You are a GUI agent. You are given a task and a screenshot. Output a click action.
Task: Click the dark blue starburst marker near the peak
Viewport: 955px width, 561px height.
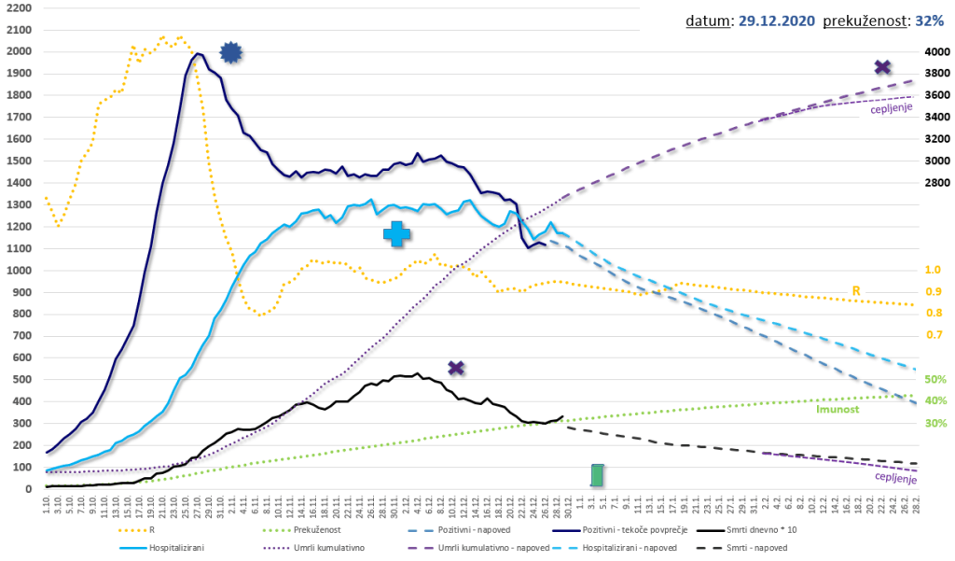point(231,53)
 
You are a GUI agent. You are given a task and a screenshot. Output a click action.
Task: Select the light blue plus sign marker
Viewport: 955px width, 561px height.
point(396,234)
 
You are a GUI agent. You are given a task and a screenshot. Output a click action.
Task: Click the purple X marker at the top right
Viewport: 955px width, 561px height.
point(882,67)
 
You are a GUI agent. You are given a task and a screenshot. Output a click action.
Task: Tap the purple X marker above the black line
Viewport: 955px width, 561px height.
point(456,368)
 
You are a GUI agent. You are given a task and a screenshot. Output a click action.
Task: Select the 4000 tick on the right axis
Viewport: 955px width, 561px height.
point(936,52)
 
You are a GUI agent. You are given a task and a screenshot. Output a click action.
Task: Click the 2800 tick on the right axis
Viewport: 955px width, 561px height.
point(936,183)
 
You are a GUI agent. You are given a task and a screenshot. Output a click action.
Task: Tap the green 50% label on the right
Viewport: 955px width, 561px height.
point(934,379)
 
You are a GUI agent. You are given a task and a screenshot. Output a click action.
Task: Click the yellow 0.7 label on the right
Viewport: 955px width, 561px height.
point(934,334)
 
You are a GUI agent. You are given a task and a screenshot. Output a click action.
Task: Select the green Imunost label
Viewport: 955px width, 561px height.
point(837,409)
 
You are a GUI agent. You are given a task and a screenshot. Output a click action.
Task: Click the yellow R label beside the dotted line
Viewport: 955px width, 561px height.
point(856,291)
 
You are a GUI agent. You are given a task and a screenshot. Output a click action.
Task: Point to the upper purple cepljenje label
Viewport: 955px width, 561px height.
point(892,109)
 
